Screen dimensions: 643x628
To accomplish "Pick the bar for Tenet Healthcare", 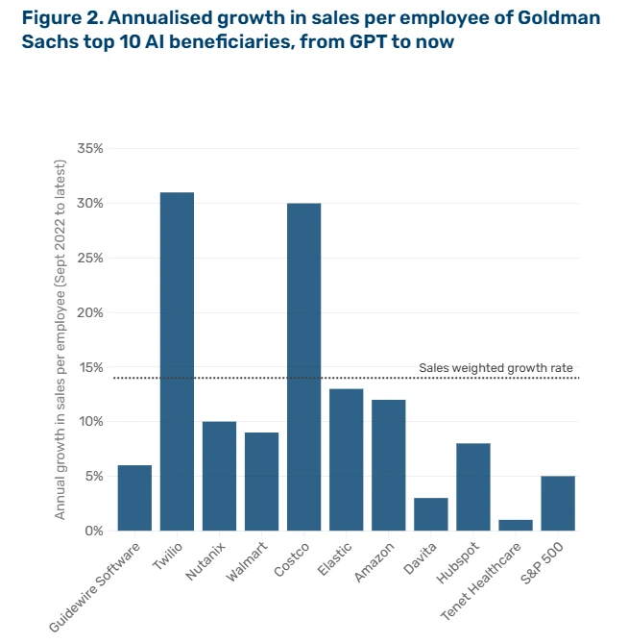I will pos(516,525).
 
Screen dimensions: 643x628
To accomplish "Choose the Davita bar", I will pos(431,514).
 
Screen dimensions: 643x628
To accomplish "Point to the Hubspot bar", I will pos(473,486).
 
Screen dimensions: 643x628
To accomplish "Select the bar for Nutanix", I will pos(219,476).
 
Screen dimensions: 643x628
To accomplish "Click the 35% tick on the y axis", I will pos(88,149).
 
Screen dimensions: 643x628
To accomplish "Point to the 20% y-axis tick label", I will pos(88,312).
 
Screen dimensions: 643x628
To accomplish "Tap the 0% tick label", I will pos(92,531).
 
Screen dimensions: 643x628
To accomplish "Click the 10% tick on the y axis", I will pos(88,422).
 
